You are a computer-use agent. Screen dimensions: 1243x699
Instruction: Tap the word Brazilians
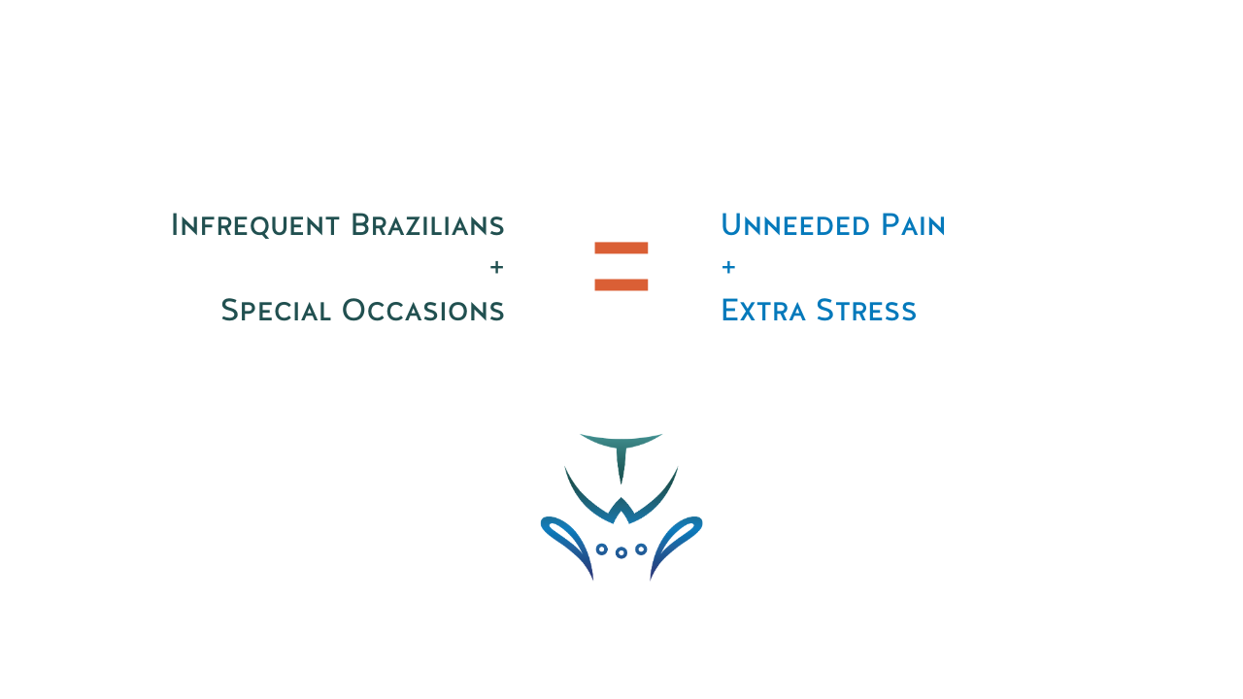pyautogui.click(x=427, y=224)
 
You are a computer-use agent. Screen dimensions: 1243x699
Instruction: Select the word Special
pyautogui.click(x=276, y=310)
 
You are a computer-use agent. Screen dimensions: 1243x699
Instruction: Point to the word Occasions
pyautogui.click(x=422, y=310)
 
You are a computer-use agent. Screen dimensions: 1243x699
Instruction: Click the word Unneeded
pyautogui.click(x=795, y=224)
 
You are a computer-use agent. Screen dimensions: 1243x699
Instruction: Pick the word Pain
pyautogui.click(x=914, y=224)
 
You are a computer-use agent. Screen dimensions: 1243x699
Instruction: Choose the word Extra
pyautogui.click(x=763, y=310)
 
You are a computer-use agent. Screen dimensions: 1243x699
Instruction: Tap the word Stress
pyautogui.click(x=866, y=310)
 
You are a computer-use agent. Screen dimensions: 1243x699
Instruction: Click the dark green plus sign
pyautogui.click(x=496, y=267)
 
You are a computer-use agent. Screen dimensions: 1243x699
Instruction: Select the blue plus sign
pyautogui.click(x=728, y=267)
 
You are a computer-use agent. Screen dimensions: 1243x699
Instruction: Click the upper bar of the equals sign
pyautogui.click(x=621, y=248)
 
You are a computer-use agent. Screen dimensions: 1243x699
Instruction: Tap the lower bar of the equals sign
pyautogui.click(x=621, y=285)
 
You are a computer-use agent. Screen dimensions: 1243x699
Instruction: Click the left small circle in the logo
pyautogui.click(x=601, y=549)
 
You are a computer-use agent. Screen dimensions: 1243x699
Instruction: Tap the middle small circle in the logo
pyautogui.click(x=621, y=552)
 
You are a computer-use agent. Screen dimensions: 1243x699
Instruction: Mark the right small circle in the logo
pyautogui.click(x=641, y=549)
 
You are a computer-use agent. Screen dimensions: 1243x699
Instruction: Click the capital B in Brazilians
pyautogui.click(x=360, y=224)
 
